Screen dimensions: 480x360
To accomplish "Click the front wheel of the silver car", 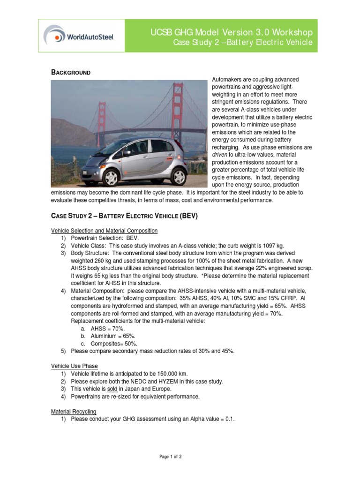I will tap(111, 178).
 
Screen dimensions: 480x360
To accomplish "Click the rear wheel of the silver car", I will tap(178, 176).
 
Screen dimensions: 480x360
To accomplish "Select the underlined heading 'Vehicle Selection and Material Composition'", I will tap(104, 231).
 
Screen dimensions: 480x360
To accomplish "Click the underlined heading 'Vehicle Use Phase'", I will tap(74, 366).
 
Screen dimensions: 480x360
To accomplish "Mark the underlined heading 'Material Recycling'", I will tap(74, 411).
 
